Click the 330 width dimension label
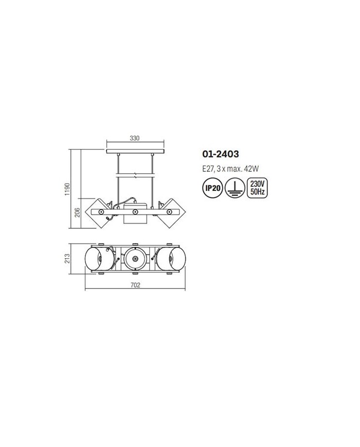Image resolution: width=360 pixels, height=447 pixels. coord(135,138)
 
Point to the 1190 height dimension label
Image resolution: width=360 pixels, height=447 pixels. coord(67,189)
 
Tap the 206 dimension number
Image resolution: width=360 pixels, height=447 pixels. coord(78,212)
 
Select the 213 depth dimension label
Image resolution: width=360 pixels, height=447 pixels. coord(67,259)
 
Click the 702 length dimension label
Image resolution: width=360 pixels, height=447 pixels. coord(135,285)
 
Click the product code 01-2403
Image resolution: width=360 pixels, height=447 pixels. coord(221,154)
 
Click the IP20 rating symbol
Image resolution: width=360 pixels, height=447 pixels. coord(212,188)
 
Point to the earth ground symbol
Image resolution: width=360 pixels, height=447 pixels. coord(235,188)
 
